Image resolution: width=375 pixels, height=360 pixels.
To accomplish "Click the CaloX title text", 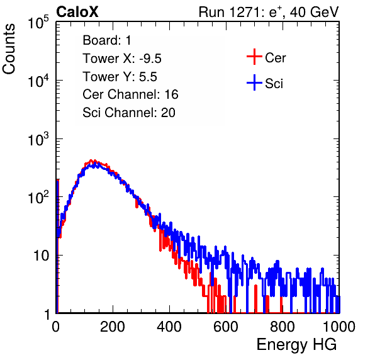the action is tap(77, 12).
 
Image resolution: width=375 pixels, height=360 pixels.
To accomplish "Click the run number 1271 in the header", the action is tap(244, 12).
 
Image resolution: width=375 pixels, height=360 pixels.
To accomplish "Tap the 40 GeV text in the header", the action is tap(314, 12).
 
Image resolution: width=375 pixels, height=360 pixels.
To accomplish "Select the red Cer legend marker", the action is tap(254, 57).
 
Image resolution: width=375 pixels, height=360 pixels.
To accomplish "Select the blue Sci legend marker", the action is tap(254, 82).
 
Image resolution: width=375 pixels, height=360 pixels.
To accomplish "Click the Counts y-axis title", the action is tap(9, 49).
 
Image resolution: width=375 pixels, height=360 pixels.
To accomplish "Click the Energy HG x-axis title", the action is tap(296, 344).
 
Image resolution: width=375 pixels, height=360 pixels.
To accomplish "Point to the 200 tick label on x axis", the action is tap(113, 327).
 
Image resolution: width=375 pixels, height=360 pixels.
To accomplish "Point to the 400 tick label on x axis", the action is tap(169, 327).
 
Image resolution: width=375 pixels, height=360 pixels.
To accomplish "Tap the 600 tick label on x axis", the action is tap(226, 327).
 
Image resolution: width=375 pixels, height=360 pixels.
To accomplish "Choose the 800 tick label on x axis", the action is tap(283, 327).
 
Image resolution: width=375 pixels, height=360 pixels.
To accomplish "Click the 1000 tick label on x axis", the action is tap(339, 327).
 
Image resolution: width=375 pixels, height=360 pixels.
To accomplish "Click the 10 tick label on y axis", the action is tap(42, 256).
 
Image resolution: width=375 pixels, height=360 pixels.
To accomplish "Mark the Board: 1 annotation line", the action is tap(107, 40).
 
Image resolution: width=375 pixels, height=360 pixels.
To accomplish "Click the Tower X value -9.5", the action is tap(150, 59).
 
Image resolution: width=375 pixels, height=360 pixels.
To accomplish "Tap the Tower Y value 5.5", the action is tap(148, 77).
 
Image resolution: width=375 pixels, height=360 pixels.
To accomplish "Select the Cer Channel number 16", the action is tap(171, 94).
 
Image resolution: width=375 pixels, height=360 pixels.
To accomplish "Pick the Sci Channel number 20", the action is tap(168, 113).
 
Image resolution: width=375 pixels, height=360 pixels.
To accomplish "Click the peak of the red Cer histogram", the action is tap(91, 160).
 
